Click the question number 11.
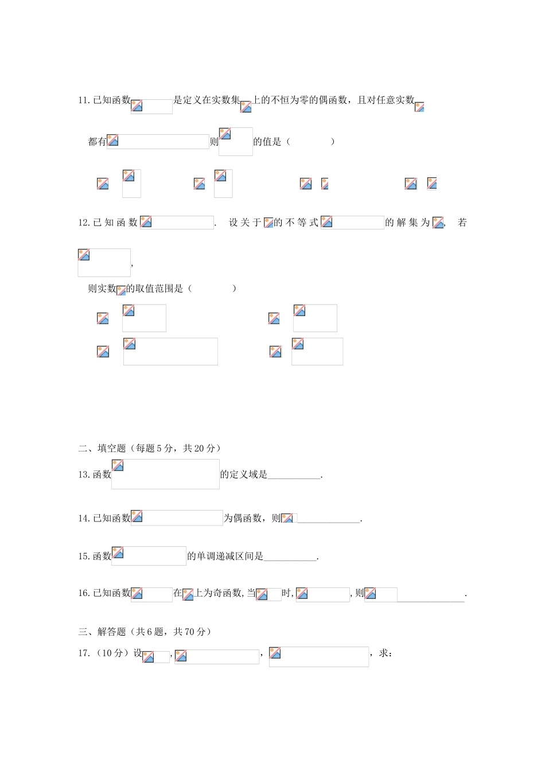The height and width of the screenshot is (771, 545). (x=84, y=100)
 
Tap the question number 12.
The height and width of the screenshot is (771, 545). (x=84, y=223)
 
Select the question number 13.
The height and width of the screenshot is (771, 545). (x=84, y=474)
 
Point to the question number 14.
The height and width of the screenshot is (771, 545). (x=84, y=518)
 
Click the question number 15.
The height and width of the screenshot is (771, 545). (x=84, y=556)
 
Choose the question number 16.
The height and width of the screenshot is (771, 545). (x=84, y=593)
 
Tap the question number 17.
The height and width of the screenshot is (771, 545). (x=84, y=653)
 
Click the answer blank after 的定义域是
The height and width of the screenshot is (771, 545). (x=294, y=478)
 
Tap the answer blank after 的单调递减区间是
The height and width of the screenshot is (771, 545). (x=290, y=560)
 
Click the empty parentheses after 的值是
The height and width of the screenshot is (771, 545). (x=310, y=142)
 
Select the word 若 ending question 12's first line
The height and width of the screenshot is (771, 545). (x=462, y=223)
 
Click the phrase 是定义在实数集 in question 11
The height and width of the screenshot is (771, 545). (x=207, y=100)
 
